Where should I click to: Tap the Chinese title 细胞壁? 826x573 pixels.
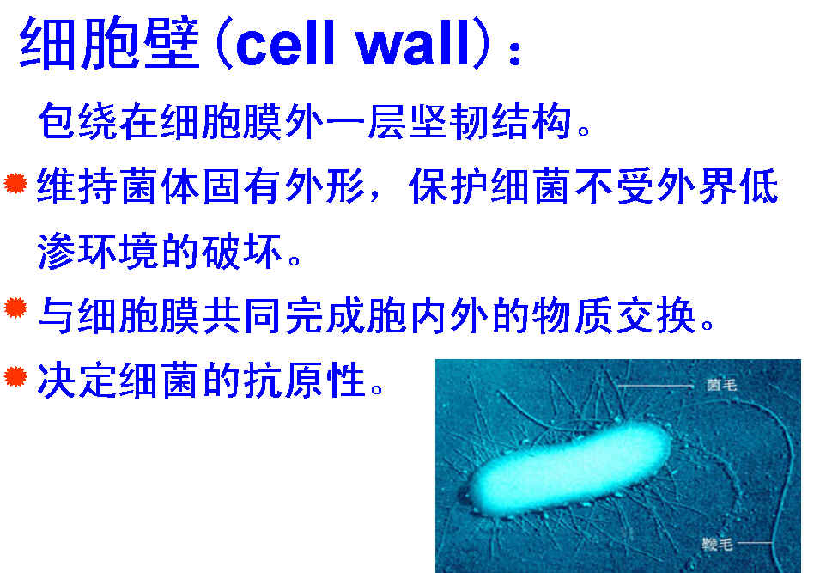pyautogui.click(x=110, y=43)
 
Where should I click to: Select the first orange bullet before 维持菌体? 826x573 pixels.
pyautogui.click(x=15, y=183)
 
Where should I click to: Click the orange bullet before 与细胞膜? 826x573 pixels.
pyautogui.click(x=15, y=308)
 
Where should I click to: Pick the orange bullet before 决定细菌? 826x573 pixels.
pyautogui.click(x=15, y=376)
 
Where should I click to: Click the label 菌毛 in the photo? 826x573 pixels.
pyautogui.click(x=721, y=386)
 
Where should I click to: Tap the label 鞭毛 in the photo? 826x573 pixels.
pyautogui.click(x=717, y=544)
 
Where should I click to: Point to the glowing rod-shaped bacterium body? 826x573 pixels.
pyautogui.click(x=570, y=469)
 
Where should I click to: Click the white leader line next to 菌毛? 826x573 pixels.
pyautogui.click(x=655, y=387)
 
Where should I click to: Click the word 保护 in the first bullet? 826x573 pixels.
pyautogui.click(x=450, y=186)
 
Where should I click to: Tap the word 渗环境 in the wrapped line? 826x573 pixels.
pyautogui.click(x=99, y=251)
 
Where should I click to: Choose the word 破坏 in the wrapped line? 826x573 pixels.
pyautogui.click(x=243, y=251)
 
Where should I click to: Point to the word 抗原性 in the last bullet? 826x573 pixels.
pyautogui.click(x=305, y=380)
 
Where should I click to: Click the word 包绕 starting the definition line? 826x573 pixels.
pyautogui.click(x=78, y=122)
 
